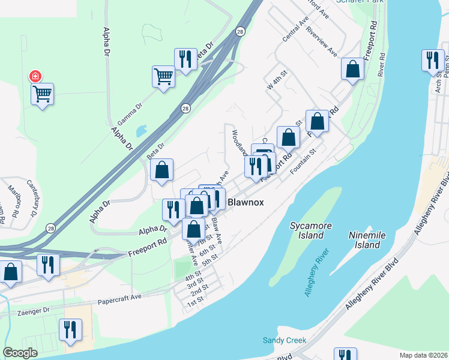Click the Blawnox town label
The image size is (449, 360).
pyautogui.click(x=246, y=203)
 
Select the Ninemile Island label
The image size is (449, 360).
pyautogui.click(x=366, y=240)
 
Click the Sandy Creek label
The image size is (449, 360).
pyautogui.click(x=285, y=340)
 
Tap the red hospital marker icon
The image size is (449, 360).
pyautogui.click(x=35, y=76)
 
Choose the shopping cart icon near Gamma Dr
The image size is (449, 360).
pyautogui.click(x=163, y=77)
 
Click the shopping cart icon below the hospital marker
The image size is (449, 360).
pyautogui.click(x=43, y=94)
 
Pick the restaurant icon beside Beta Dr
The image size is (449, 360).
pyautogui.click(x=185, y=59)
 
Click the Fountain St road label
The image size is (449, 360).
pyautogui.click(x=303, y=164)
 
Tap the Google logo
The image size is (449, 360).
pyautogui.click(x=20, y=353)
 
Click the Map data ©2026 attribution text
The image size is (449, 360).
pyautogui.click(x=423, y=355)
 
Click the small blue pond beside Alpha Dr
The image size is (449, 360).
pyautogui.click(x=142, y=130)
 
